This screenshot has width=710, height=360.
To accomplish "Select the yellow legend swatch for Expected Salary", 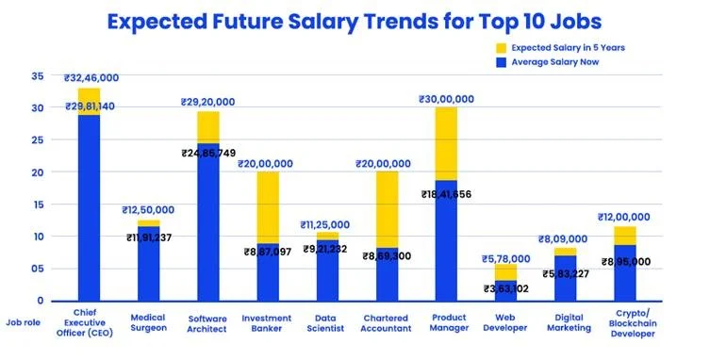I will tap(504, 46).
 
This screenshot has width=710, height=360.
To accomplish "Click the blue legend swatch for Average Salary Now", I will tap(504, 62).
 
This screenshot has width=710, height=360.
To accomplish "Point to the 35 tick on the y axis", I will tap(37, 76).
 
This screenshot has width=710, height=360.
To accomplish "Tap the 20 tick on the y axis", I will tap(37, 172).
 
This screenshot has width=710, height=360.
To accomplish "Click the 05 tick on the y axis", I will tap(37, 269).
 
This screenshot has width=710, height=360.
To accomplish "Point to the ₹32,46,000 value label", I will tap(90, 79).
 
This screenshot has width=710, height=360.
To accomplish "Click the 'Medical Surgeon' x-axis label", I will tap(149, 321).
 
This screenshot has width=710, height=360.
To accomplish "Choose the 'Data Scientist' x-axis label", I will tap(326, 321).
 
